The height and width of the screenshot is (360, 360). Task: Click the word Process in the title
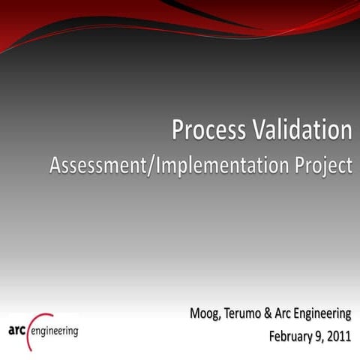click(x=207, y=130)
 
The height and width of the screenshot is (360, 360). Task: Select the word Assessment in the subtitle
click(x=97, y=166)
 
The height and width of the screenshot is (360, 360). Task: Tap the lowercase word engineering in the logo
click(x=53, y=331)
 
